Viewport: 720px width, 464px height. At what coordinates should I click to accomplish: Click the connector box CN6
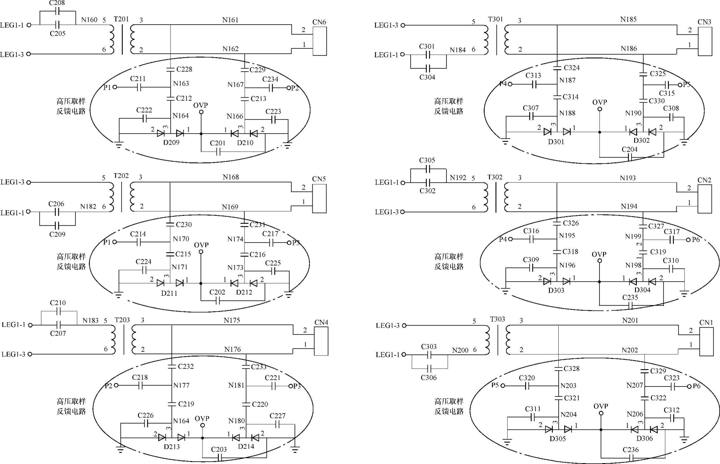coord(320,41)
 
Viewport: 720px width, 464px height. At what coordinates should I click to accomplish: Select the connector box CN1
coord(706,342)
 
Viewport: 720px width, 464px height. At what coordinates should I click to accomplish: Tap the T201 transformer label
coord(121,19)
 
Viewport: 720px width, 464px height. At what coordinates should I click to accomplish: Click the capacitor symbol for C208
coord(58,12)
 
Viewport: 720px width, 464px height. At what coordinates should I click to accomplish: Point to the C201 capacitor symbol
coord(218,152)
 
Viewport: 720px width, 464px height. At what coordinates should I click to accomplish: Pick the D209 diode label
coord(171,143)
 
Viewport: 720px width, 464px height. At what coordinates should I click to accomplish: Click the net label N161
coord(230,20)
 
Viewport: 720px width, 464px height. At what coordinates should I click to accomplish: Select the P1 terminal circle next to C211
coord(115,87)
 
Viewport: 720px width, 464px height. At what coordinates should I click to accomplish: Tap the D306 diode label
coord(644,438)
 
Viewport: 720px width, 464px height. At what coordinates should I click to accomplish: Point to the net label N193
coord(628,178)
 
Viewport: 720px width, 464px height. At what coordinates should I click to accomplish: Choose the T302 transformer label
coord(495,177)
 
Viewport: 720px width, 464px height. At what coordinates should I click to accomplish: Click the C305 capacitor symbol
coord(428,169)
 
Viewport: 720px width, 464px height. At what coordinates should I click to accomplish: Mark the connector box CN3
coord(705,41)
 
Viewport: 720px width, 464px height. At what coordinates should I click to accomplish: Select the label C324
coord(572,68)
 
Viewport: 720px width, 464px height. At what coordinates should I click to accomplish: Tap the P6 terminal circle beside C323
coord(689,386)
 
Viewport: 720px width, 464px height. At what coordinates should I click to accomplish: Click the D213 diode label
coord(172,447)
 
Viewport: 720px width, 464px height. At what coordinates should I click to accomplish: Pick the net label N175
coord(232,320)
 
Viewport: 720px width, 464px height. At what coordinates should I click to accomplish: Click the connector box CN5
coord(319,199)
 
